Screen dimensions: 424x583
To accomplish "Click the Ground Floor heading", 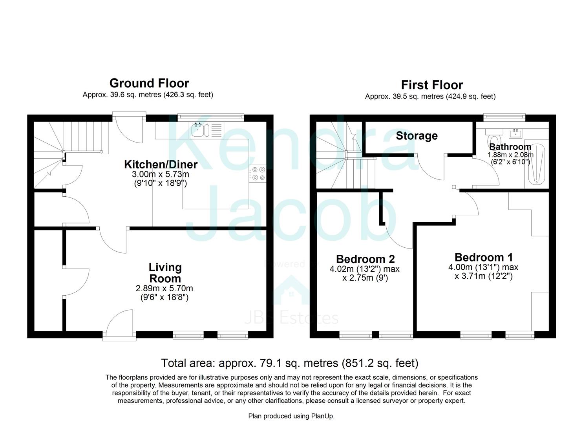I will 149,83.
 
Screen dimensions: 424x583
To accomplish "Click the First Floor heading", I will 431,85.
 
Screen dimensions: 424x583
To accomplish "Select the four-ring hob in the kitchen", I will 258,174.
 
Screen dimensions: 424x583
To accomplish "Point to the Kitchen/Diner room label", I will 161,164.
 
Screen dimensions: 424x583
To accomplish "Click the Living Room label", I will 165,273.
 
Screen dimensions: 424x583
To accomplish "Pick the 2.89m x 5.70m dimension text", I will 164,288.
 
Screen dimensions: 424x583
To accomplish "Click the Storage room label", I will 417,136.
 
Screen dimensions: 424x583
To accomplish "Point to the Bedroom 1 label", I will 483,258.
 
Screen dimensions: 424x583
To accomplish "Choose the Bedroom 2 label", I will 365,259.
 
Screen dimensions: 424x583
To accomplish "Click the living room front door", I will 120,324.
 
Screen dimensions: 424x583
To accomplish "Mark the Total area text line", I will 290,363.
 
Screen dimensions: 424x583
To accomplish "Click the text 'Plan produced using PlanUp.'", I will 291,416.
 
